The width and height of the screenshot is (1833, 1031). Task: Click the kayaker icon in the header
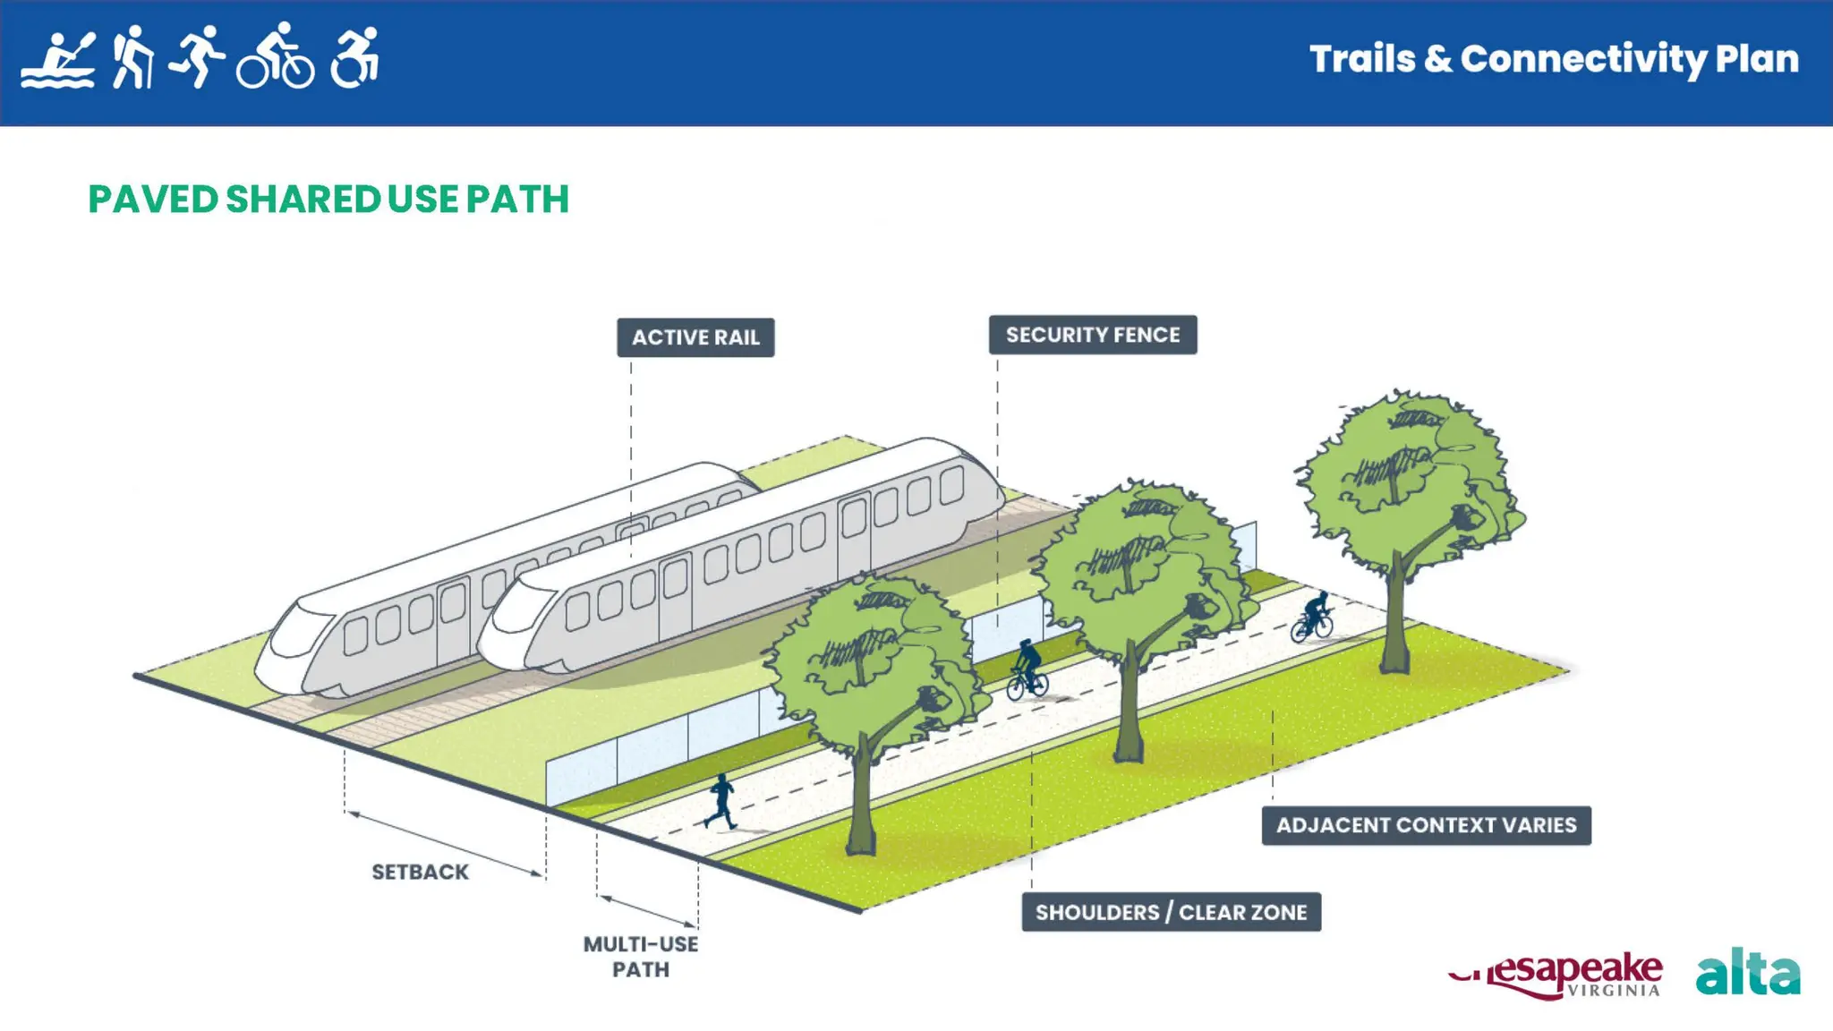pos(58,61)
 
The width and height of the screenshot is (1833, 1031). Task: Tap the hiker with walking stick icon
pos(132,57)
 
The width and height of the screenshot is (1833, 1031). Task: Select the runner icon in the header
pos(198,55)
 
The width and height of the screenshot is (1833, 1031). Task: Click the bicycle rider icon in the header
pos(276,57)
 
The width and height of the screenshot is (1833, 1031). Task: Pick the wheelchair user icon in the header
pos(355,58)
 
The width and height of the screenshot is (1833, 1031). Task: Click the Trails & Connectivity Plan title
pos(1554,59)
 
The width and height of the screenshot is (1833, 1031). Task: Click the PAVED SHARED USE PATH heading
pos(328,199)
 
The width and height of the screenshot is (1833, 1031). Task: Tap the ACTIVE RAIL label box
pos(695,337)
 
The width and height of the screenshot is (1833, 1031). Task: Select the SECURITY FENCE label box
pos(1092,335)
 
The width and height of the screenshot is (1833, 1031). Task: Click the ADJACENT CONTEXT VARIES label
pos(1426,825)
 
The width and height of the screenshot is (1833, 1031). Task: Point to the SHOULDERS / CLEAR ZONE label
pos(1171,912)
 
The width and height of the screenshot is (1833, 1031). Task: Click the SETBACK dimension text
pos(420,872)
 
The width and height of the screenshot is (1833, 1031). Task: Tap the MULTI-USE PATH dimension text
pos(641,957)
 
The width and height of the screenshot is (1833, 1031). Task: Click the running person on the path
pos(720,801)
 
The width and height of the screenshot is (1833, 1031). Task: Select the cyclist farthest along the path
pos(1313,618)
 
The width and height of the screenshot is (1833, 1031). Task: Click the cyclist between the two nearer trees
pos(1027,671)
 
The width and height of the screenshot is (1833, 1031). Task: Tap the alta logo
pos(1747,973)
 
